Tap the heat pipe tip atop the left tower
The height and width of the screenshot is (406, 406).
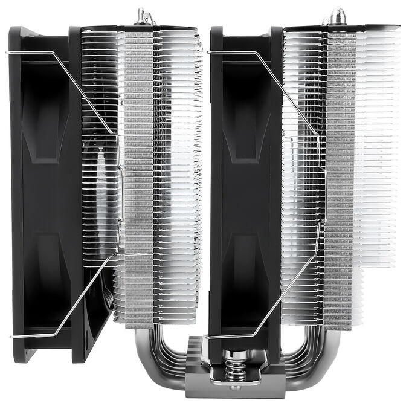click(x=143, y=15)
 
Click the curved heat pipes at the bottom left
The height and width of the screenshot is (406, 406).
click(x=151, y=356)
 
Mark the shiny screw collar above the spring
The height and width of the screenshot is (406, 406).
click(x=235, y=355)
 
